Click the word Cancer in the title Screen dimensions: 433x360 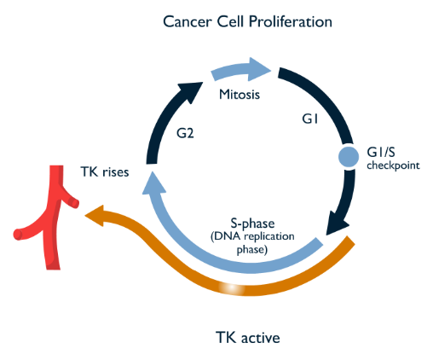coord(188,22)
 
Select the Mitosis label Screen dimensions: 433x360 coord(240,95)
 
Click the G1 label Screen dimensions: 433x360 coord(310,119)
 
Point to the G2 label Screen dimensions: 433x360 coord(185,133)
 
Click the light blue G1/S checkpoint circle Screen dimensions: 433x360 coord(349,157)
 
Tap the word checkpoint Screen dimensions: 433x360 coord(393,165)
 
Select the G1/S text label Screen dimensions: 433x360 coord(381,152)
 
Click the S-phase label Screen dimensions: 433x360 coord(252,224)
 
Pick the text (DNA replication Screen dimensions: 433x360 coord(252,236)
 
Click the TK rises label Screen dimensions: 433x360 coord(105,171)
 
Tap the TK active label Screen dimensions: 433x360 coord(248,338)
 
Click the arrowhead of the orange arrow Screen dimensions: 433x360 coord(95,215)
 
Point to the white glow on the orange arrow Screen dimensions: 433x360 coord(232,288)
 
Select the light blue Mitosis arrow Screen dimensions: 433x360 coord(241,70)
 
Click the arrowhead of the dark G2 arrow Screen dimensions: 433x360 coord(191,91)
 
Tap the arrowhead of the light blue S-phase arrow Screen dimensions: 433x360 coord(153,184)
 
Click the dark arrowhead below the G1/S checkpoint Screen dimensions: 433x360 coord(338,224)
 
